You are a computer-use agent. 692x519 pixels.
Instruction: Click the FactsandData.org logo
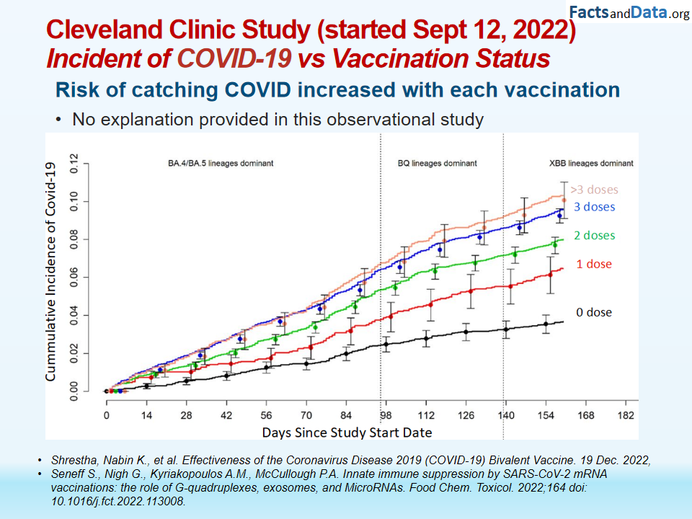coord(629,12)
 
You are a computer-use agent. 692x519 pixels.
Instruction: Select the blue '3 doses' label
coord(595,207)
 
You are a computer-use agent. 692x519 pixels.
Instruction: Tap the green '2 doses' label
coord(595,235)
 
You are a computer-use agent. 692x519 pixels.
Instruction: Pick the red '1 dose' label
coord(594,264)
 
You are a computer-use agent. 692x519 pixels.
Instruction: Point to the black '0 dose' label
coord(594,312)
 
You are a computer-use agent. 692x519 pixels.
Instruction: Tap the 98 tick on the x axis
coord(386,415)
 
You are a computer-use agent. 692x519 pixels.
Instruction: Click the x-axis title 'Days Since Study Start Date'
coord(347,432)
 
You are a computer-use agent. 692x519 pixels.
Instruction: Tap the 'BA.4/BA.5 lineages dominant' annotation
coord(216,164)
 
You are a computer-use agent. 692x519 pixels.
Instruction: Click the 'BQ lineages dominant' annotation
coord(438,164)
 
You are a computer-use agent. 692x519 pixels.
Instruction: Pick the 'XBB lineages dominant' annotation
coord(586,164)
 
